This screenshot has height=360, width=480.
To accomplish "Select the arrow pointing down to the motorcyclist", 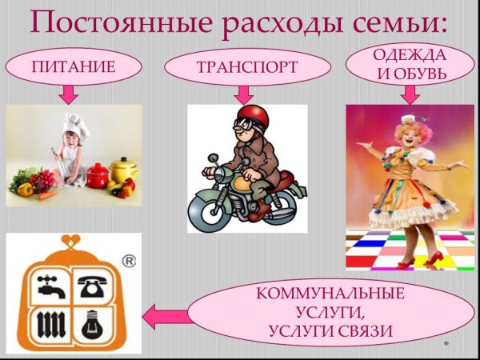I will point(245,94).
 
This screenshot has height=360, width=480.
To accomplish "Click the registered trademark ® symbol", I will point(127,260).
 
